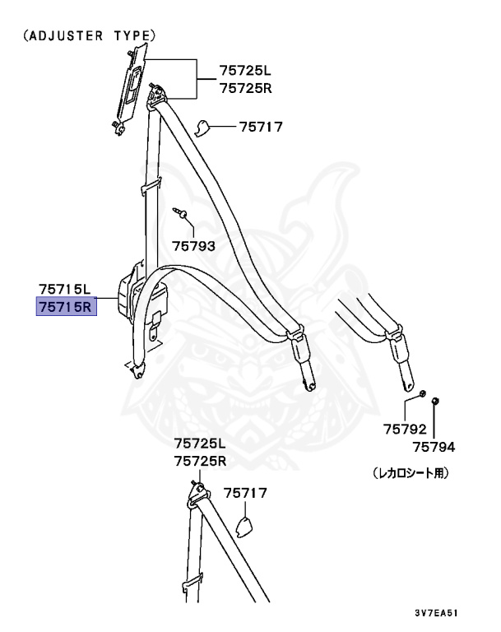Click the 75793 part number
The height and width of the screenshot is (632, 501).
(x=193, y=245)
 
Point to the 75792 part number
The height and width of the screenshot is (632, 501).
(x=405, y=428)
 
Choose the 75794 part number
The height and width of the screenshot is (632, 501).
(x=434, y=447)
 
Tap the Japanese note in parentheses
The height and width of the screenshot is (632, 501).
(x=411, y=474)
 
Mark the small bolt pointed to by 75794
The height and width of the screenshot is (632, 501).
(x=435, y=401)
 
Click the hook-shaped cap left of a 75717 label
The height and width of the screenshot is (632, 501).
(x=202, y=126)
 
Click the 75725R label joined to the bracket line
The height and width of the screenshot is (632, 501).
(x=244, y=87)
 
